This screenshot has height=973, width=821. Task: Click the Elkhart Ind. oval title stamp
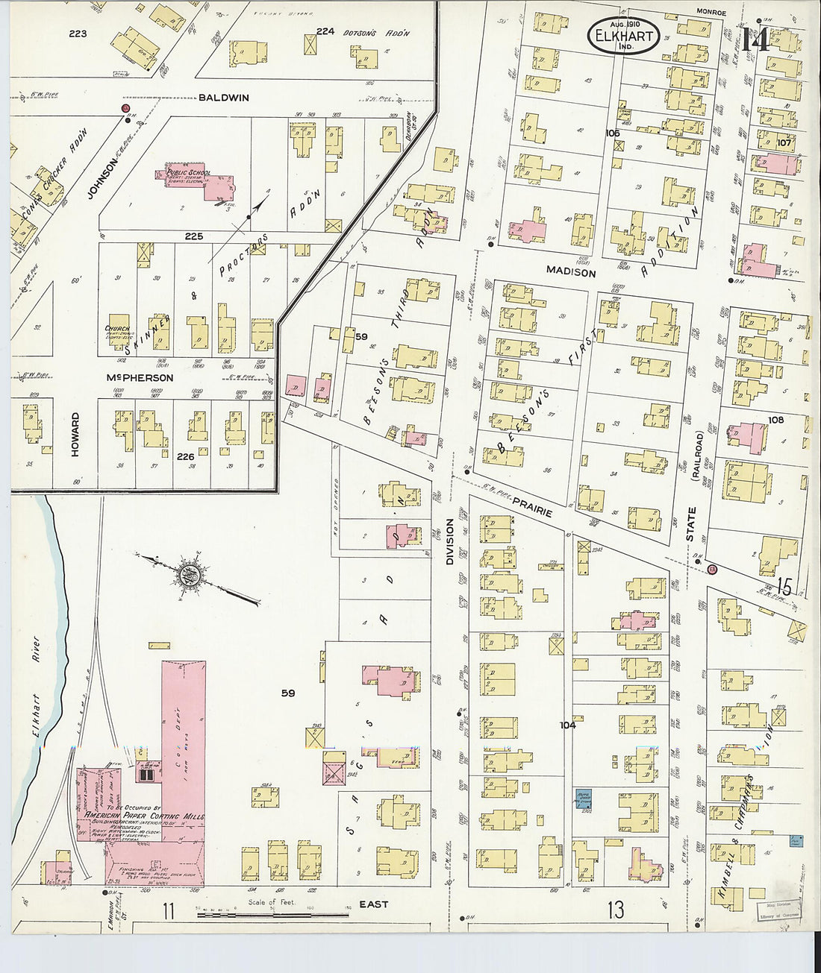tap(623, 36)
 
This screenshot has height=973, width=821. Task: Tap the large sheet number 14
tap(755, 40)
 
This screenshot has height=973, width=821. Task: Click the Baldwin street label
tap(224, 98)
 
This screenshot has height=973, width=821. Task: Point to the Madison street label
tap(571, 273)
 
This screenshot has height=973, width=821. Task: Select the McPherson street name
tap(139, 378)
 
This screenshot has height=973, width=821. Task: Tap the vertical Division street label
tap(450, 541)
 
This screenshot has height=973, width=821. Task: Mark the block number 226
tap(185, 457)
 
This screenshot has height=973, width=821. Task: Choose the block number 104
tap(568, 725)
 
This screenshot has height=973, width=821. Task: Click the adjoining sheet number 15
tap(784, 586)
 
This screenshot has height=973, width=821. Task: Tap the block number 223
tap(78, 34)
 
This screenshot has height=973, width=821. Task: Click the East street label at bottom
tap(373, 904)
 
